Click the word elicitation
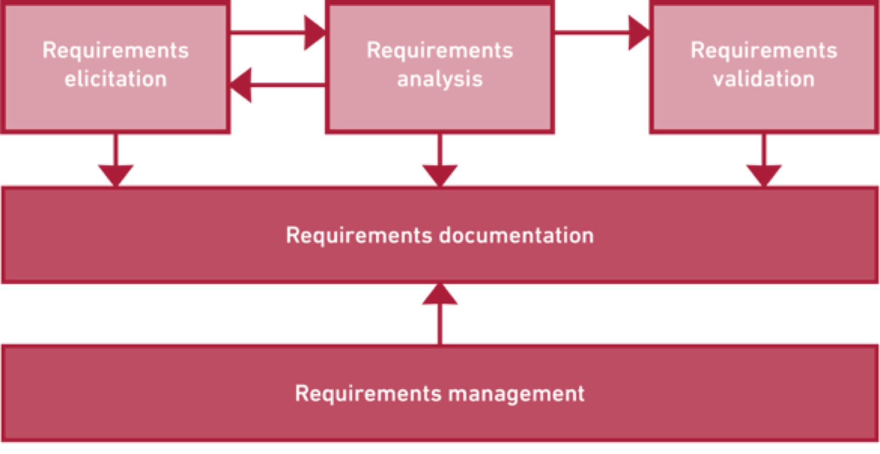116,79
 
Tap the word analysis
440,79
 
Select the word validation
764,79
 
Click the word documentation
517,236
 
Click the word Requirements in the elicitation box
116,50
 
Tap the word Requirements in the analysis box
440,50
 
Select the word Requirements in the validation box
764,50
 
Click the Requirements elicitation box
116,107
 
